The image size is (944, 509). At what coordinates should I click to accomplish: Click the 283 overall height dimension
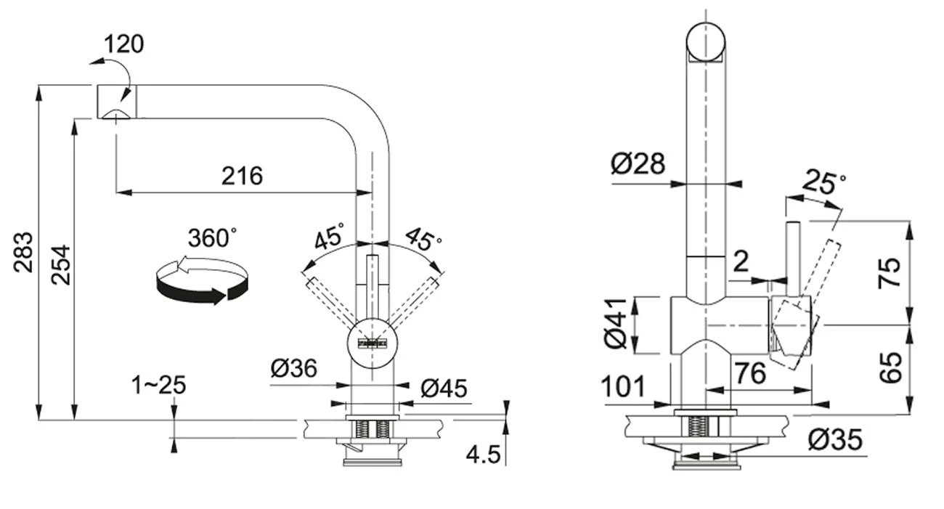24,251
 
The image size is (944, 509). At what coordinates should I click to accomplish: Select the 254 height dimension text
62,264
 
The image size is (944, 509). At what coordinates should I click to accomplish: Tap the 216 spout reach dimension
241,176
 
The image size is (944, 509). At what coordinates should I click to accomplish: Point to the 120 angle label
123,44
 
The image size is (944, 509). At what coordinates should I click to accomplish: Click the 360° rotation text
212,238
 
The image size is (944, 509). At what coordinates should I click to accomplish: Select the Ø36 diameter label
294,369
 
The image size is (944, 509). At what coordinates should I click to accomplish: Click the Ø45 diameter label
444,388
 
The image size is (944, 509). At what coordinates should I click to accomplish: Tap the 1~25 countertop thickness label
159,385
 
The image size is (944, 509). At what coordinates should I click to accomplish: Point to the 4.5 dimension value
483,455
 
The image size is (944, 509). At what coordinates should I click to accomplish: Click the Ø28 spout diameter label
638,164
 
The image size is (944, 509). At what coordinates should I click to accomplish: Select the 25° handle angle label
823,183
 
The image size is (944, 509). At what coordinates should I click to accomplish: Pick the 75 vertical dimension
890,272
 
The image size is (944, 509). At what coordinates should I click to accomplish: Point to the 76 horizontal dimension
749,374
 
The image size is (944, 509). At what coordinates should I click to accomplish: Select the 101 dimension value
623,388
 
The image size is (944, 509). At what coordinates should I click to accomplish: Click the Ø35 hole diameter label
835,439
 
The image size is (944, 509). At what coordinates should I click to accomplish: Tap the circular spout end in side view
706,41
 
